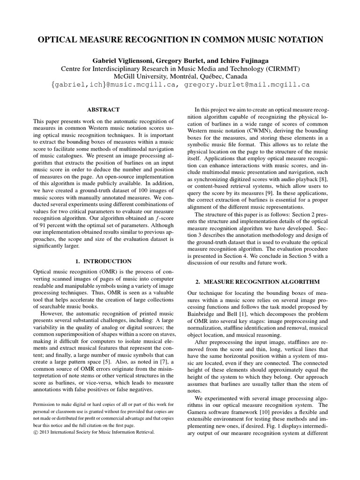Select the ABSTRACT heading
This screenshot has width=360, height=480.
pyautogui.click(x=104, y=109)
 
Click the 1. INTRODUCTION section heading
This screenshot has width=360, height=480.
pyautogui.click(x=104, y=261)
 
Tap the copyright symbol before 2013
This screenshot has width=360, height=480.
pyautogui.click(x=36, y=433)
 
